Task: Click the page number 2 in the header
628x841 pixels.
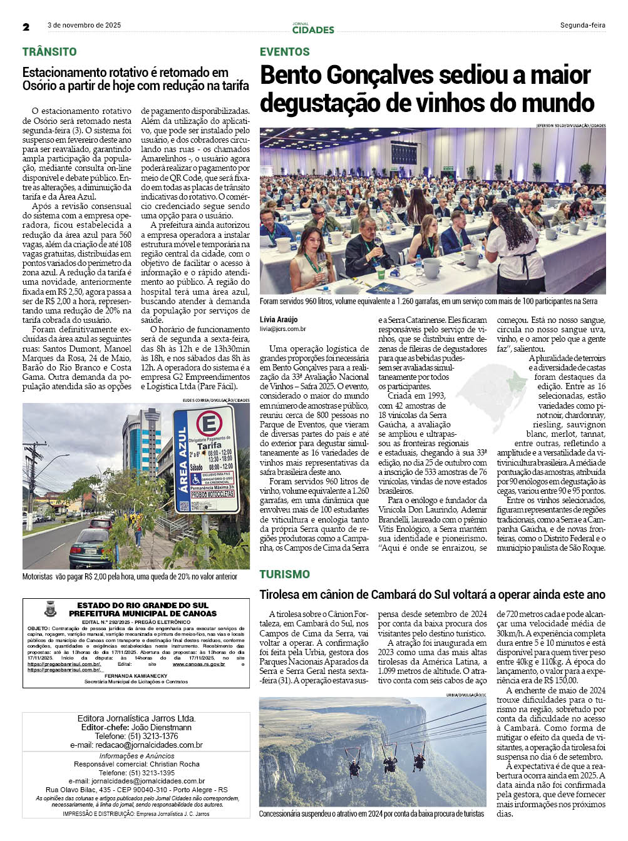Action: click(26, 27)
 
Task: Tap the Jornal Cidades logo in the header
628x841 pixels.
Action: click(313, 28)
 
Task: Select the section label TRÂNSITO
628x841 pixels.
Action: click(49, 52)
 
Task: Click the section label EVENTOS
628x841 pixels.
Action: click(285, 52)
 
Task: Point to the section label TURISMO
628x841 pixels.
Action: click(285, 574)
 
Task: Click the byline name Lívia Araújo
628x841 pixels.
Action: click(279, 320)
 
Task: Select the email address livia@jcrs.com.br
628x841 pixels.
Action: click(283, 329)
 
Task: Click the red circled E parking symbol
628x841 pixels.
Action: click(208, 424)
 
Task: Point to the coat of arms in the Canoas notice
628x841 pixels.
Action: click(50, 609)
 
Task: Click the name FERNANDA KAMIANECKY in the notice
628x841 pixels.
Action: click(136, 676)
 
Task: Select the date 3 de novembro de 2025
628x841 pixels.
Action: click(84, 26)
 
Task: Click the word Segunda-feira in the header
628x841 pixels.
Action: click(582, 26)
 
